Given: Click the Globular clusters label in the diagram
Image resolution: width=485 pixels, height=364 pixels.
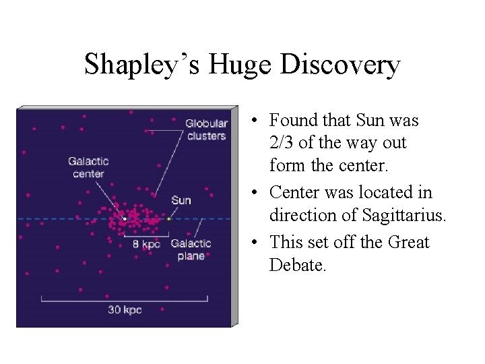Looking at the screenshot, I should point(206,129).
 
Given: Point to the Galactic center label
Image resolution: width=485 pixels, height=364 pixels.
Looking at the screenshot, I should point(88,167).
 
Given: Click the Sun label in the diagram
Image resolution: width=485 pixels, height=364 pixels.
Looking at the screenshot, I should point(181,200).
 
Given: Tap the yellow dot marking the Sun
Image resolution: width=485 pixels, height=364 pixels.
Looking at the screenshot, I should point(168,218).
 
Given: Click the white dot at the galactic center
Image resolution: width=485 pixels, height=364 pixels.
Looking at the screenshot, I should point(125,218).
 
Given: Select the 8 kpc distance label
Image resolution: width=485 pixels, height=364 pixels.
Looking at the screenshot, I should point(146,243).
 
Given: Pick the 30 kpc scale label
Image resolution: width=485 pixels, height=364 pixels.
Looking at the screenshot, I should point(125,310).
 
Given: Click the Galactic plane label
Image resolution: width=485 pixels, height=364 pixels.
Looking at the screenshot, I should point(191,249).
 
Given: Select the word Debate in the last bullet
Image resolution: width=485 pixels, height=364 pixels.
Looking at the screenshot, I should point(297,265).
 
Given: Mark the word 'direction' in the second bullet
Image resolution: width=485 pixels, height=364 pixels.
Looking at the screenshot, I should point(300,216).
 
